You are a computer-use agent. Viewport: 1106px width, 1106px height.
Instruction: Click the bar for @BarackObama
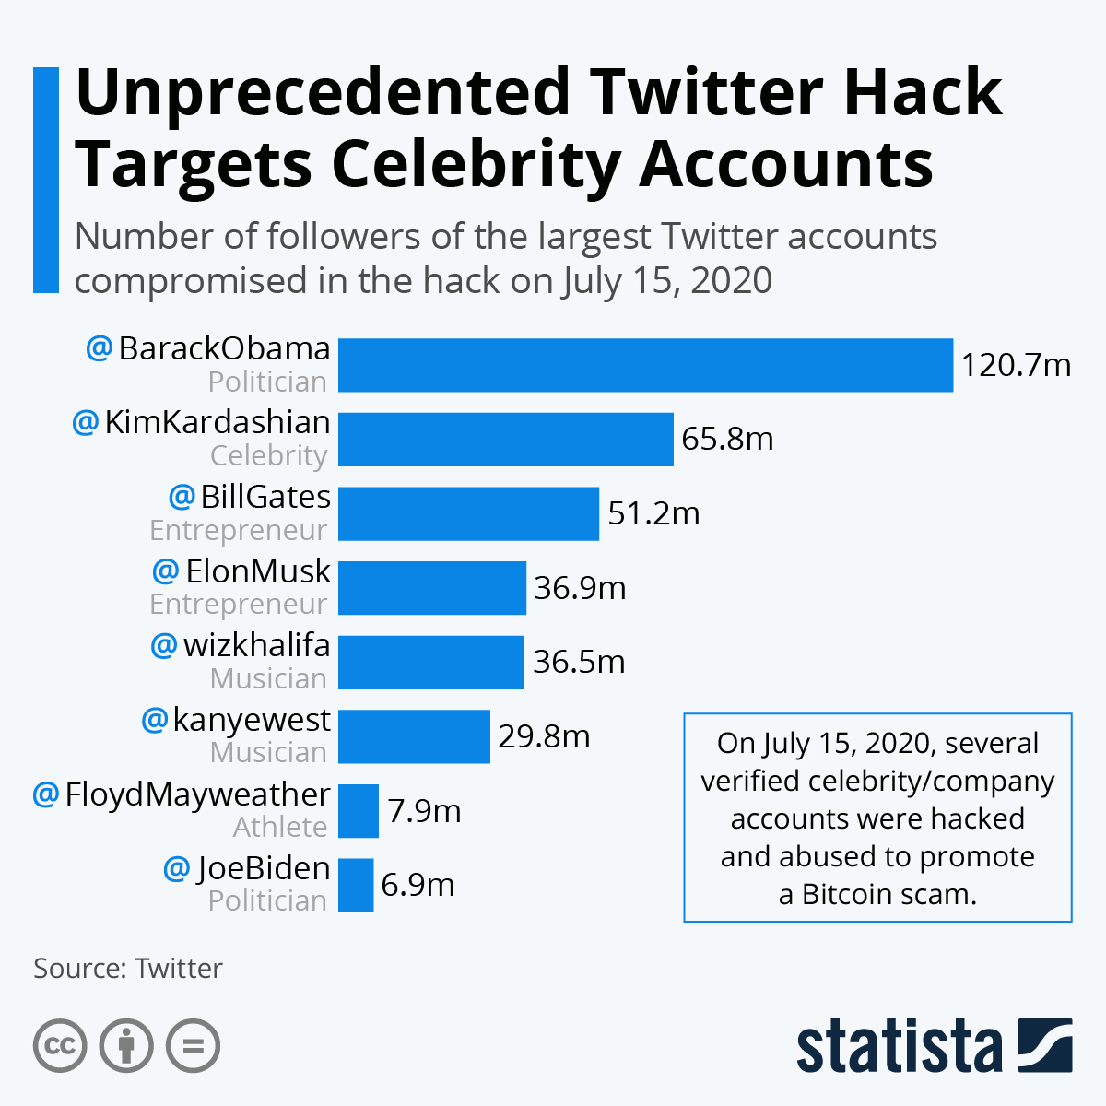[x=645, y=365]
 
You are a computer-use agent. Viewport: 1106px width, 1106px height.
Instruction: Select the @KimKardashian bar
[x=505, y=439]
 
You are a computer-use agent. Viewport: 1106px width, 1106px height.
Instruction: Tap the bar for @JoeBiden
[x=356, y=885]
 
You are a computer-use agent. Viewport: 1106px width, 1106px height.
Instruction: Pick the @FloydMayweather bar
[x=359, y=811]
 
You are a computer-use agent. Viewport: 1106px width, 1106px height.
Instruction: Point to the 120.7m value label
[x=1016, y=366]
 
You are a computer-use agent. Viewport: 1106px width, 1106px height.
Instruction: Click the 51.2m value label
[x=653, y=513]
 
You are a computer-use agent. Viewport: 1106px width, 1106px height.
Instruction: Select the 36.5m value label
[x=579, y=662]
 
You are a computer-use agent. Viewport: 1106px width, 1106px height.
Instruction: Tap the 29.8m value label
[x=544, y=736]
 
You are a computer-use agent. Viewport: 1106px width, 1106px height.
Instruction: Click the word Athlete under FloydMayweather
[x=279, y=827]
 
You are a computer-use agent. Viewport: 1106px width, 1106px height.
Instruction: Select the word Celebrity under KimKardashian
[x=268, y=455]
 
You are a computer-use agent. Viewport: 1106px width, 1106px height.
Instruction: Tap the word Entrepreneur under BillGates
[x=238, y=530]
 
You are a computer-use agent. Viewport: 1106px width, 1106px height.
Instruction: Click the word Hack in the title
[x=923, y=92]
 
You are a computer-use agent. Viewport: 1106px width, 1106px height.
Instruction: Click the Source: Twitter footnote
[x=128, y=969]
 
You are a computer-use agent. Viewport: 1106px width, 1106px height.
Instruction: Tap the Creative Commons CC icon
[x=60, y=1046]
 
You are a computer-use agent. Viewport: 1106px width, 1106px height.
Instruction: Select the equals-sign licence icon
[x=193, y=1046]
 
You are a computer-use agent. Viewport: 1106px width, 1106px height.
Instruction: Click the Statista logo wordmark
[x=899, y=1046]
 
